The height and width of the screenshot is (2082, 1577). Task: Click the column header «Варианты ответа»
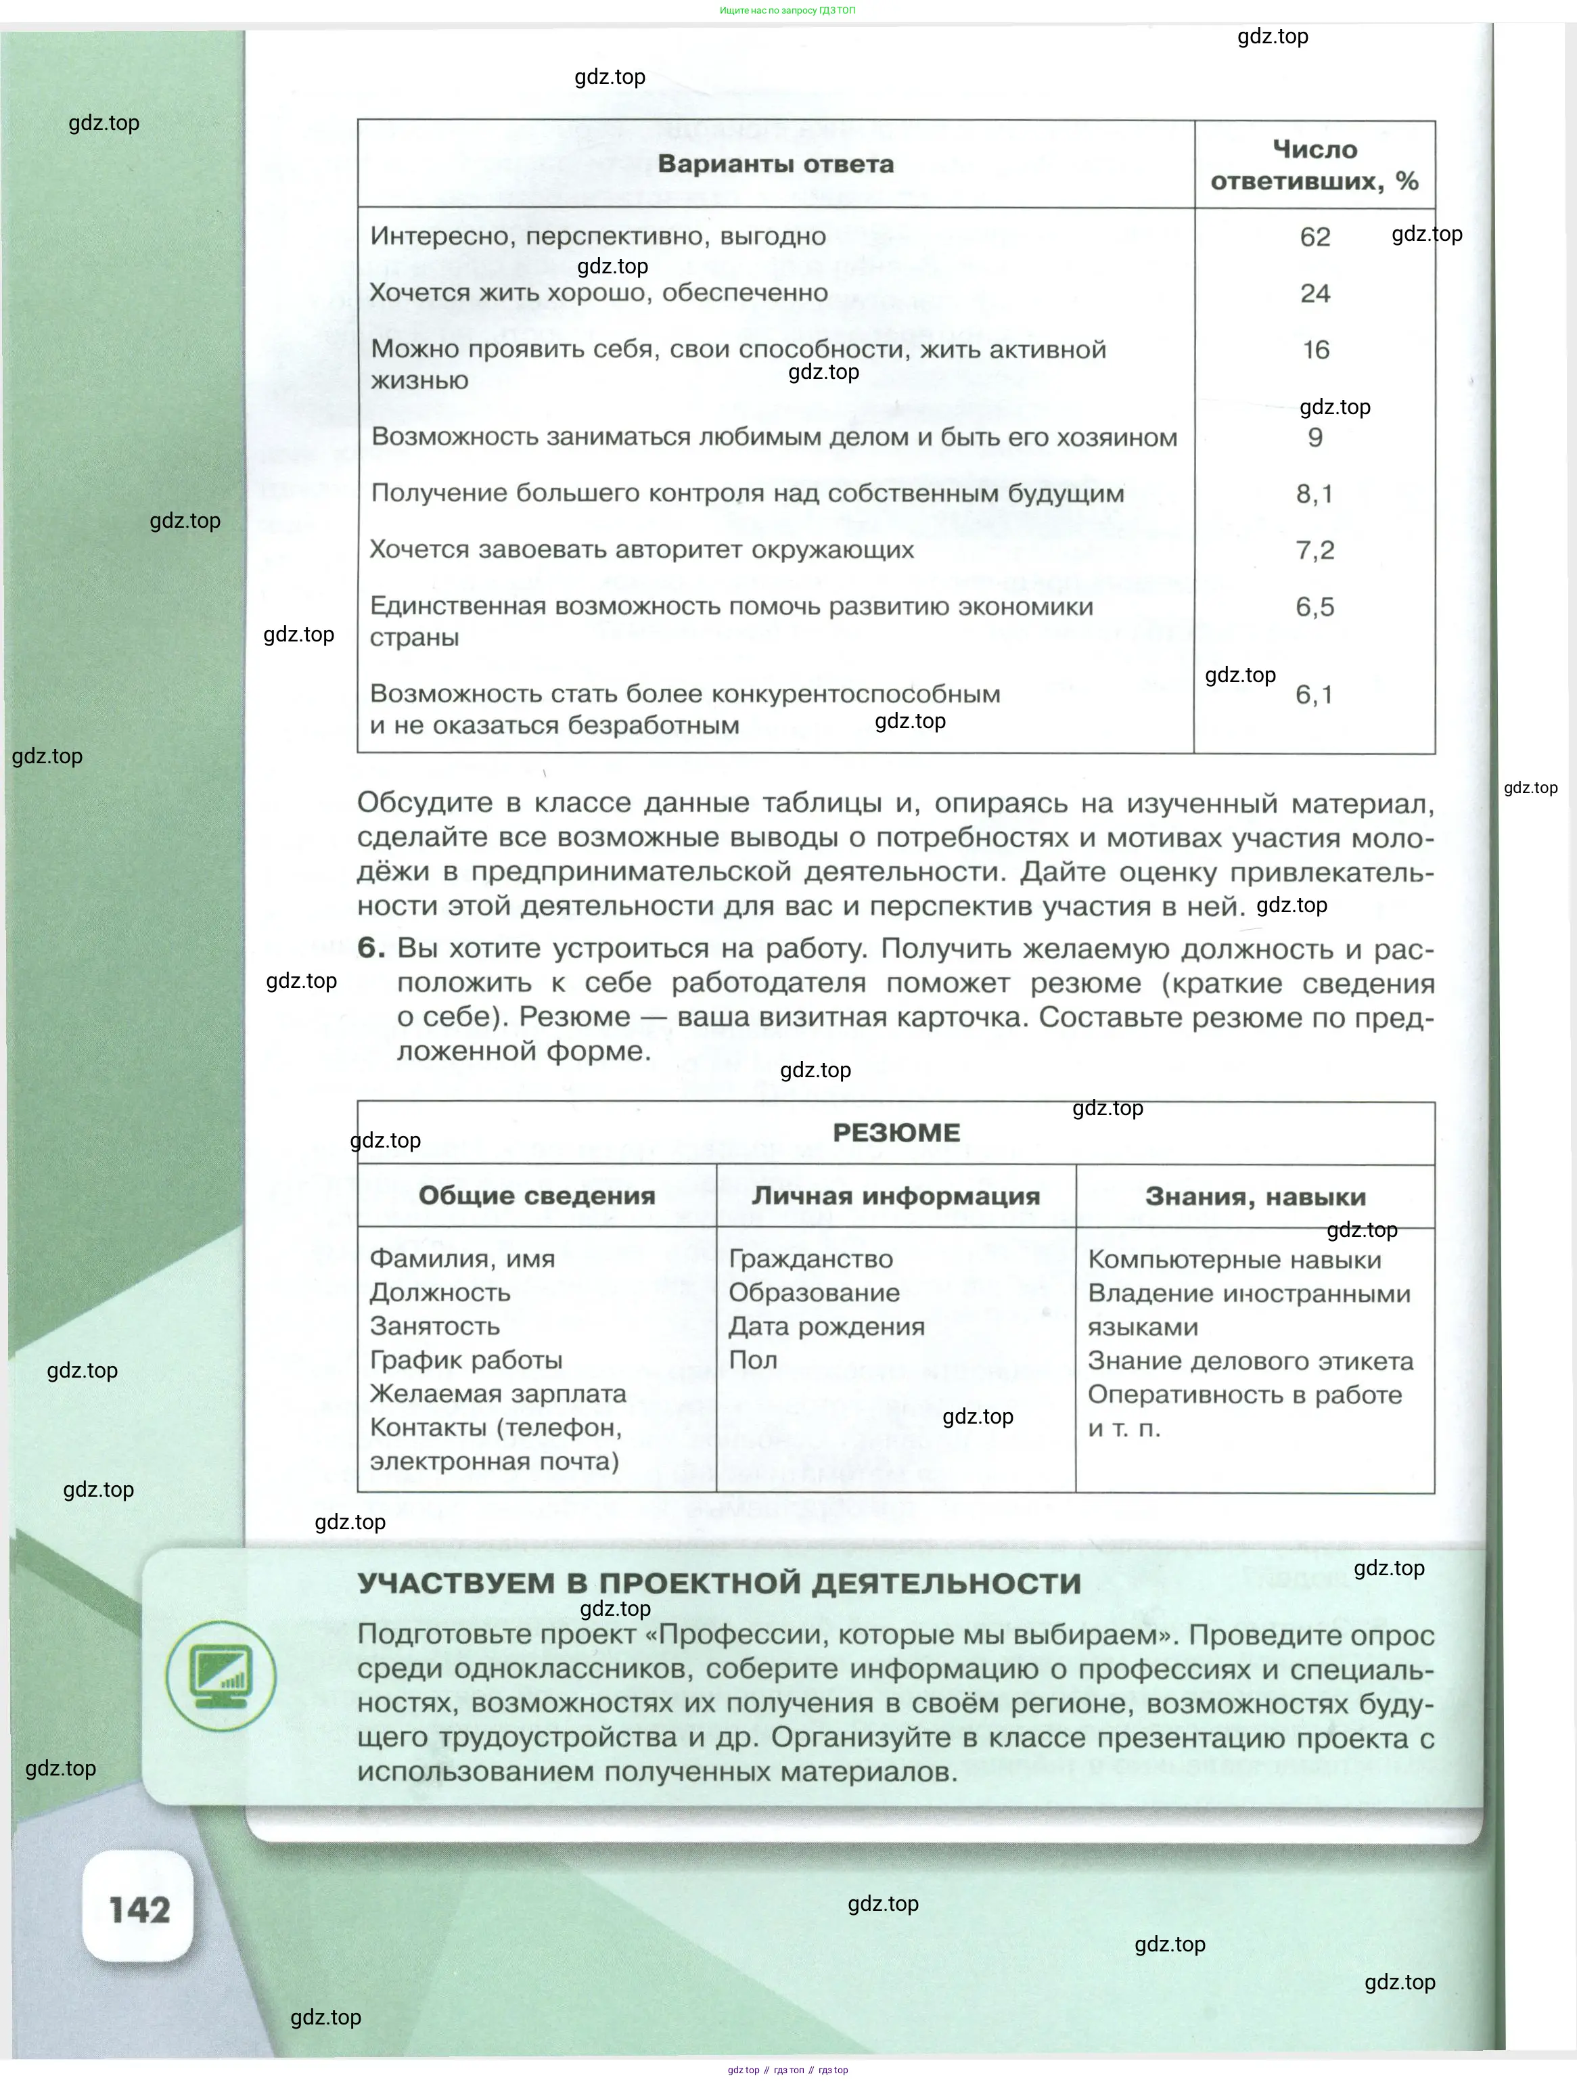click(x=775, y=164)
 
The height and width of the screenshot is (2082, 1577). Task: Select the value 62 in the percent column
click(x=1315, y=237)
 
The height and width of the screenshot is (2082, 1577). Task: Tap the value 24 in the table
click(x=1315, y=294)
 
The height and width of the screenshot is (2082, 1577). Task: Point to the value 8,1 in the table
click(x=1315, y=494)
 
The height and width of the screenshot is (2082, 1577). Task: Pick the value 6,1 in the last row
click(x=1315, y=695)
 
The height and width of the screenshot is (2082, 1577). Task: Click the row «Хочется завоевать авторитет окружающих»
click(x=642, y=549)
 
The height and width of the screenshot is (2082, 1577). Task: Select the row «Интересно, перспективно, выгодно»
click(x=599, y=236)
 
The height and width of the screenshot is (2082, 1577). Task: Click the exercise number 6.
click(x=371, y=948)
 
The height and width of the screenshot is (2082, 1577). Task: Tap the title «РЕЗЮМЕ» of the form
click(x=896, y=1132)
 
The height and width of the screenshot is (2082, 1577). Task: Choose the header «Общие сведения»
click(x=536, y=1196)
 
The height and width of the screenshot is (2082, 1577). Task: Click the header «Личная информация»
click(x=896, y=1196)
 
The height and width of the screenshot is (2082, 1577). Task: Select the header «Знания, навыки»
click(x=1255, y=1197)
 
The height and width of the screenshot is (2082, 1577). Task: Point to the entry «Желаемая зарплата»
click(x=498, y=1394)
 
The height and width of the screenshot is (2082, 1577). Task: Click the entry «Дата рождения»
click(x=826, y=1326)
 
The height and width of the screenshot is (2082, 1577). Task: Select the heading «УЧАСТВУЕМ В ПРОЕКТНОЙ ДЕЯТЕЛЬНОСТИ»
click(x=719, y=1583)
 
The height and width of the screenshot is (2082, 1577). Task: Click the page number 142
click(x=139, y=1909)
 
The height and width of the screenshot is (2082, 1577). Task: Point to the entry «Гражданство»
click(x=810, y=1259)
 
